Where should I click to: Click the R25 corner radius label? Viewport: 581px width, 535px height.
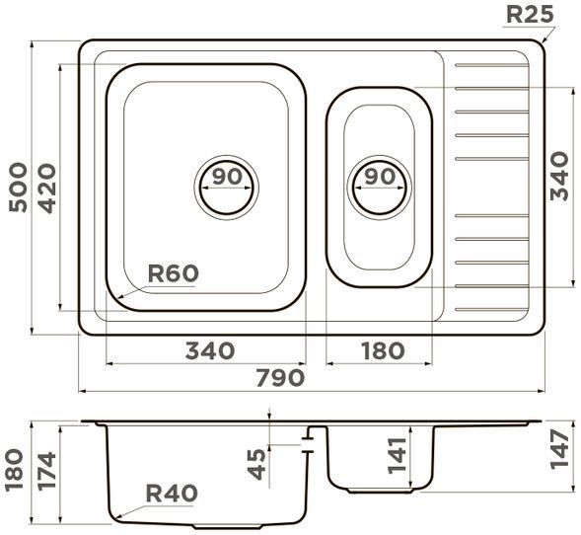coord(530,15)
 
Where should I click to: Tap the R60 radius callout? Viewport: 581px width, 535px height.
coord(173,273)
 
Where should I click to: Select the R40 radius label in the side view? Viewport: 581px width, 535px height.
coord(172,494)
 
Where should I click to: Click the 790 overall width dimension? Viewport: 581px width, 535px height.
coord(280,378)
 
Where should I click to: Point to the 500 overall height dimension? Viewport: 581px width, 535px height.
coord(18,188)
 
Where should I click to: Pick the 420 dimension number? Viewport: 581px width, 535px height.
coord(47,189)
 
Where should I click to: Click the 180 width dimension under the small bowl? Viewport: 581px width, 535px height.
coord(383,350)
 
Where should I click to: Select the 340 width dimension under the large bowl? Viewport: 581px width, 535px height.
coord(210,350)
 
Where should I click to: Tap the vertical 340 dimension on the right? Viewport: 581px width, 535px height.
coord(559,176)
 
